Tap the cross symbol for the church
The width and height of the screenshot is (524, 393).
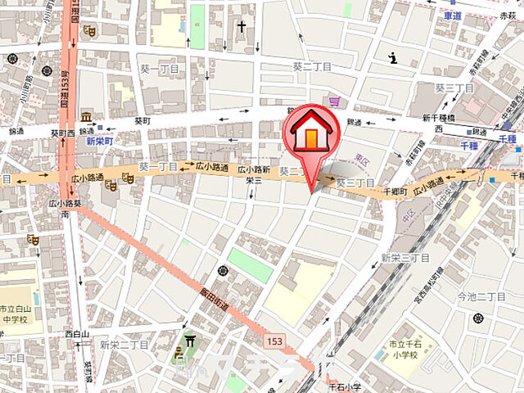coord(242,26)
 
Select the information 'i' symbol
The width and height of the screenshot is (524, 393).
coord(393,57)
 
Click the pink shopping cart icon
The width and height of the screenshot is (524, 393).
coord(334,102)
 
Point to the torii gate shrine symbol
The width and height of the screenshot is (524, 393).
coord(191,343)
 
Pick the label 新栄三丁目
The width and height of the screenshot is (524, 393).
coord(405,258)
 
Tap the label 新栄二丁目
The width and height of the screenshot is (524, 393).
coord(124,345)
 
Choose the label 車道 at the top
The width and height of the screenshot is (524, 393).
coord(454,16)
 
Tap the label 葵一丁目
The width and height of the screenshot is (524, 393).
coord(155,166)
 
